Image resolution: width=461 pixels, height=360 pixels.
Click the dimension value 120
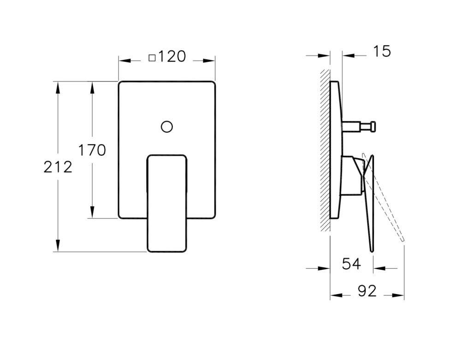coord(172,57)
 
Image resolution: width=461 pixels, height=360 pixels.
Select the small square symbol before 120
coord(152,58)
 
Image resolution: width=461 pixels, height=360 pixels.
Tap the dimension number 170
coord(92,150)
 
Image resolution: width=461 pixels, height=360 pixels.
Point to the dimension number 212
coord(58,167)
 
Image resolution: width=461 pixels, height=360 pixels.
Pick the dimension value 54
coord(351,264)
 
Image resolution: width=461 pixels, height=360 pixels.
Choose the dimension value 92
coord(367,291)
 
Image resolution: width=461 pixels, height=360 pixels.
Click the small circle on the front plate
coord(167,126)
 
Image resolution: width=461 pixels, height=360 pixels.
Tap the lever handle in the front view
coord(167,203)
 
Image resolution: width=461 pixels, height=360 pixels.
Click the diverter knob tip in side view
coord(373,125)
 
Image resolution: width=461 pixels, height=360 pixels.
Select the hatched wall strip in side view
coord(325,150)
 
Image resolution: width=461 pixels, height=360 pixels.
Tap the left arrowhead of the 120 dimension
coord(124,60)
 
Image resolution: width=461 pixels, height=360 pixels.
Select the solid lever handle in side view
coord(369,203)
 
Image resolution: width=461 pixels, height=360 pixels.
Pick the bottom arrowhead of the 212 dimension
coord(58,247)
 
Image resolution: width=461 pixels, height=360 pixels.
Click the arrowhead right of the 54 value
coord(378,268)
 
